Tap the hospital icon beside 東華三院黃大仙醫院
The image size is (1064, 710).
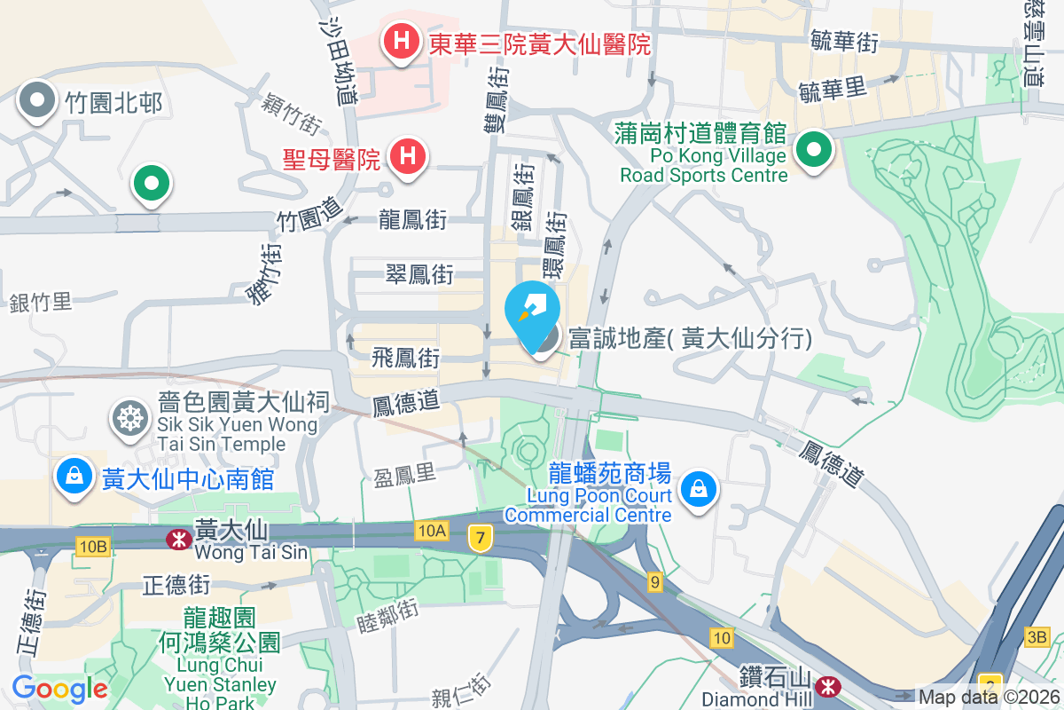point(401,41)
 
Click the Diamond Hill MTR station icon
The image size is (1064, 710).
point(829,686)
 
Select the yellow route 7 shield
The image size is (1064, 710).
point(480,537)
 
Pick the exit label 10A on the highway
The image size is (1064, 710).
point(430,531)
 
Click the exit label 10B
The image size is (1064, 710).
point(92,546)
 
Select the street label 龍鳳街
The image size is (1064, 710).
point(412,219)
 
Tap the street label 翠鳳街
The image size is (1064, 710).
point(419,274)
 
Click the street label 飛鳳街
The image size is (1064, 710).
point(405,359)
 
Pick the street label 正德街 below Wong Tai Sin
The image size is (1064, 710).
point(176,585)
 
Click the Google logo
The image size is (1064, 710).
point(59,688)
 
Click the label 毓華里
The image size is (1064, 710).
point(831,90)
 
